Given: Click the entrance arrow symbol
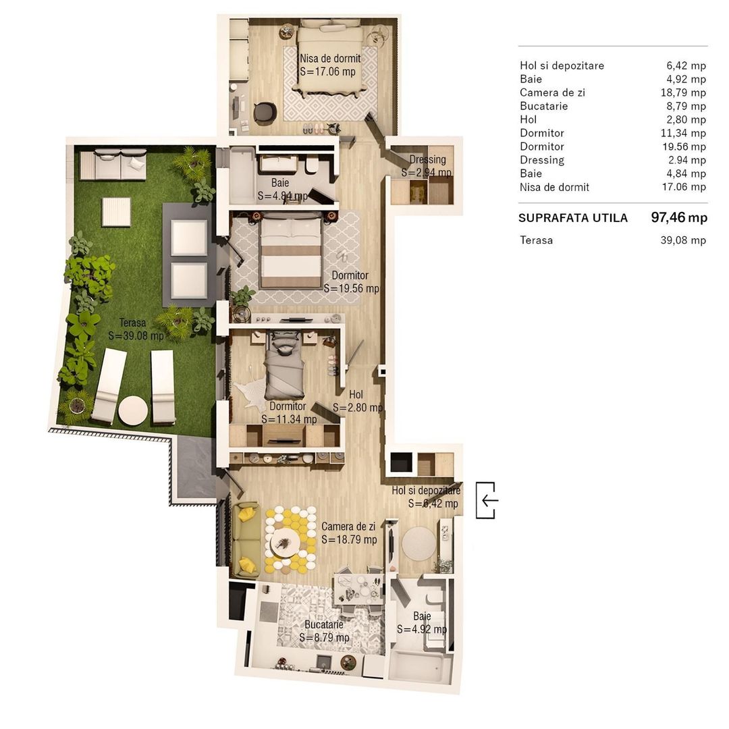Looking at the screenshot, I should tap(487, 500).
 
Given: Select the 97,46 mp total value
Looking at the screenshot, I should tap(678, 217).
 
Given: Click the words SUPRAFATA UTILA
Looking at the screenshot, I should tap(573, 218).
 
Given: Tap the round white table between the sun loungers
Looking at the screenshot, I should tap(133, 409).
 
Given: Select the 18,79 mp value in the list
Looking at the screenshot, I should tap(686, 92).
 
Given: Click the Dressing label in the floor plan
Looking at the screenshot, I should tap(427, 160).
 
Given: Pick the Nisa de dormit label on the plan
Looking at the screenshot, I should tap(330, 59).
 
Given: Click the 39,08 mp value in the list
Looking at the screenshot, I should tap(683, 240).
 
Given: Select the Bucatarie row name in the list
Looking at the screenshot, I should tap(543, 106).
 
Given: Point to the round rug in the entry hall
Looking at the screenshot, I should tap(419, 543).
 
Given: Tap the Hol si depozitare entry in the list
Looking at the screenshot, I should tap(562, 65).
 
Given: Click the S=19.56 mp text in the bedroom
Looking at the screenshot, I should tap(351, 288).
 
